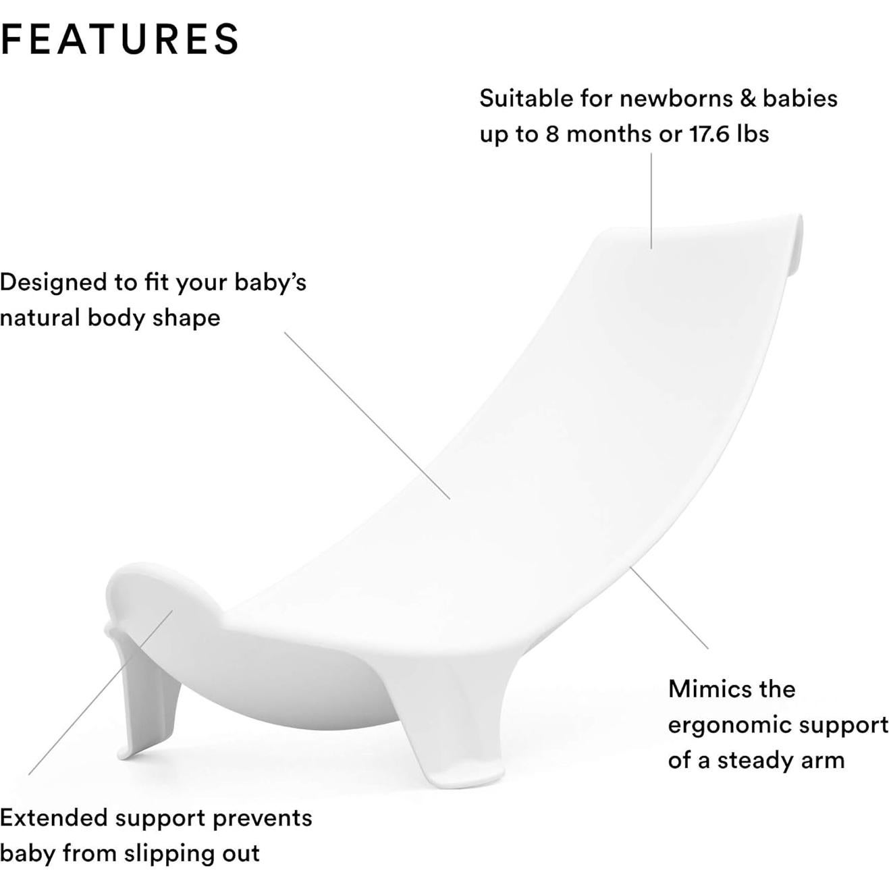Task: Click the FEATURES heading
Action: tap(120, 38)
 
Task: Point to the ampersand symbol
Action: tap(747, 99)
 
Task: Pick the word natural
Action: tap(39, 317)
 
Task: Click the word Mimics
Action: tap(708, 689)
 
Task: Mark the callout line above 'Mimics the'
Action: tap(669, 608)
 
